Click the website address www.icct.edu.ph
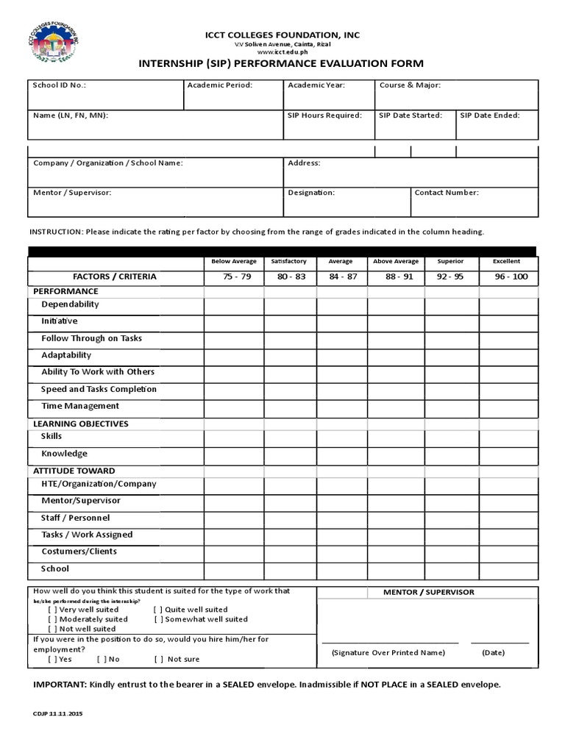(x=282, y=53)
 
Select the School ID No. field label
(x=60, y=85)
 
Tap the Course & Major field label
(x=410, y=85)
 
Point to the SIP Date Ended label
(x=490, y=115)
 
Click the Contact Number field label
(x=447, y=193)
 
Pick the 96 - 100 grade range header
(x=511, y=277)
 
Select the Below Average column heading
(x=233, y=261)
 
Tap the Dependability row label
(x=70, y=304)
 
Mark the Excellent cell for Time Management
(x=509, y=407)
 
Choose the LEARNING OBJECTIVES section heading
(x=81, y=424)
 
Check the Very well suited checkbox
(x=52, y=610)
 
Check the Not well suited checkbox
(x=52, y=629)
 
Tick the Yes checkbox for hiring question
(x=52, y=659)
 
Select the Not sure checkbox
(x=158, y=659)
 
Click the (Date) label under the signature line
(x=493, y=653)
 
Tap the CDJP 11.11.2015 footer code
(x=58, y=713)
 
